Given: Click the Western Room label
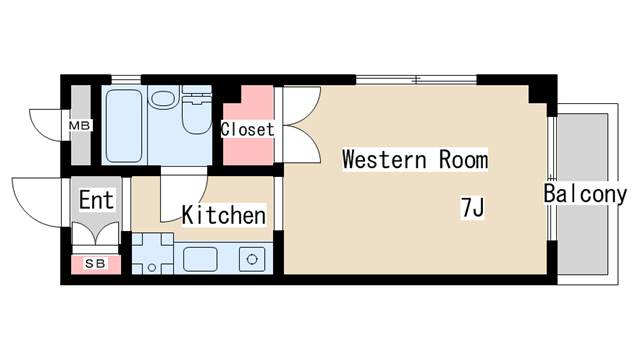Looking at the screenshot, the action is point(415,159).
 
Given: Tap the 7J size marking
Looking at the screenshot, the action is point(473,208).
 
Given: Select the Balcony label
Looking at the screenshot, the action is point(584,194).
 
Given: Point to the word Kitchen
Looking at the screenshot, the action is point(224,215).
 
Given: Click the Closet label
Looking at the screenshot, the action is point(247,129).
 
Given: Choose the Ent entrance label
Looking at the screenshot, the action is point(96,200).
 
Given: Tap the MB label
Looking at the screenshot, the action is point(79,126).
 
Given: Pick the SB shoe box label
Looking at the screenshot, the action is point(96,264).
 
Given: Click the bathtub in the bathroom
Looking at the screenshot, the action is point(124,126).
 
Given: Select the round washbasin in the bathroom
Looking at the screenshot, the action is point(163,99).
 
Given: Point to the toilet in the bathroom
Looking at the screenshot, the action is point(197,110).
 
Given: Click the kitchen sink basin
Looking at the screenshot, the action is point(200,259).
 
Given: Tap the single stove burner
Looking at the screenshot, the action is point(252,259).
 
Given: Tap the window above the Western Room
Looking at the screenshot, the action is point(416,80).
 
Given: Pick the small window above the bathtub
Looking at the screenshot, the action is point(126,79).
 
